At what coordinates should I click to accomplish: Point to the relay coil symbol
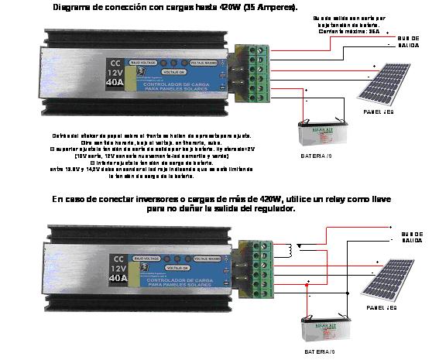coord(290,250)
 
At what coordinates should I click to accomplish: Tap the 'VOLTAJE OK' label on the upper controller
coord(179,71)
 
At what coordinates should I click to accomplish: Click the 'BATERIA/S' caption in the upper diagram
coord(317,156)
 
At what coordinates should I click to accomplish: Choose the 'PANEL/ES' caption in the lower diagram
coord(379,307)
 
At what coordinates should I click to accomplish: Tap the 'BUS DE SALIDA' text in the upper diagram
coord(409,41)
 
